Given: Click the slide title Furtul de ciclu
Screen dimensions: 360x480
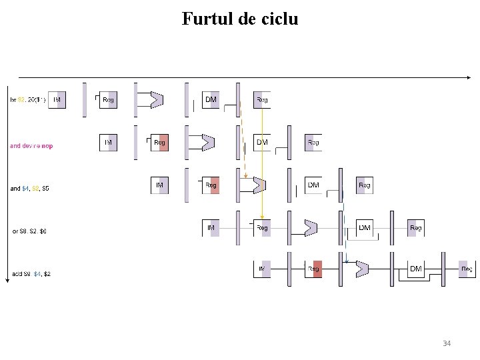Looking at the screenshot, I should tap(240, 19).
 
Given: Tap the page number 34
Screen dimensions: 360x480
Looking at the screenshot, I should tap(447, 343).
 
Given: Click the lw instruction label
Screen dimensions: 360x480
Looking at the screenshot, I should tap(27, 100).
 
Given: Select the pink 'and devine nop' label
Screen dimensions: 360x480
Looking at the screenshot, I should tap(31, 146).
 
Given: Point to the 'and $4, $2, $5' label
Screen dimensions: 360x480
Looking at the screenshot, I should tap(29, 189).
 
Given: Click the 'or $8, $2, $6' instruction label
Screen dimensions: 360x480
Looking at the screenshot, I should tap(30, 231).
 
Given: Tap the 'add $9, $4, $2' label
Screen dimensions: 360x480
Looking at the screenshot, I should tap(31, 274).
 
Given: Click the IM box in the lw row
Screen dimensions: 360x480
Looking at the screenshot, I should tap(57, 100).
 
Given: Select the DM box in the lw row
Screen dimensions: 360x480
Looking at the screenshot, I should tap(211, 100).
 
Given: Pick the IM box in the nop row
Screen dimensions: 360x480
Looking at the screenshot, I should tap(108, 143).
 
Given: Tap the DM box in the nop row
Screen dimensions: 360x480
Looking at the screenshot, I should tap(262, 143).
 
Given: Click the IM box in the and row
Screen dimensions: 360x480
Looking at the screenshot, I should tap(159, 185).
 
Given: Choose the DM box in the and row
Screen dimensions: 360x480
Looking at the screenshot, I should tap(313, 185).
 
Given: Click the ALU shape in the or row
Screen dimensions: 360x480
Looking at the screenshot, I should tap(311, 228).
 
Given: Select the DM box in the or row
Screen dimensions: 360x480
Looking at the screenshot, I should tap(365, 228).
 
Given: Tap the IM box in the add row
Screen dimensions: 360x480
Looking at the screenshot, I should tap(262, 269).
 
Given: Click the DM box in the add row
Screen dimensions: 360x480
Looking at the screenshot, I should tap(416, 269).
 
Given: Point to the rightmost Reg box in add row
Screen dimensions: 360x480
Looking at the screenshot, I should tap(467, 269).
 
